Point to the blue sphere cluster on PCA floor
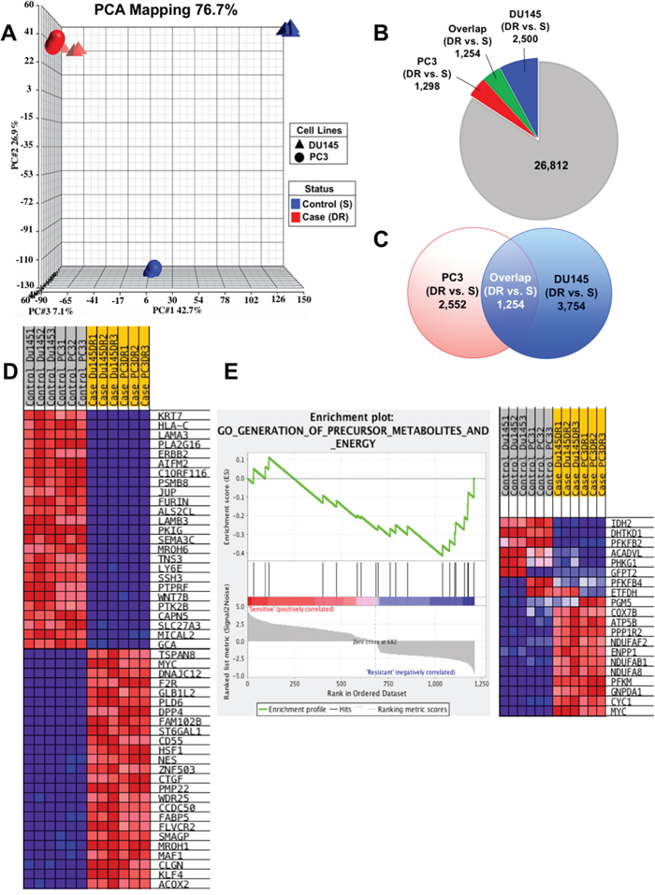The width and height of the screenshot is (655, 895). click(153, 268)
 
